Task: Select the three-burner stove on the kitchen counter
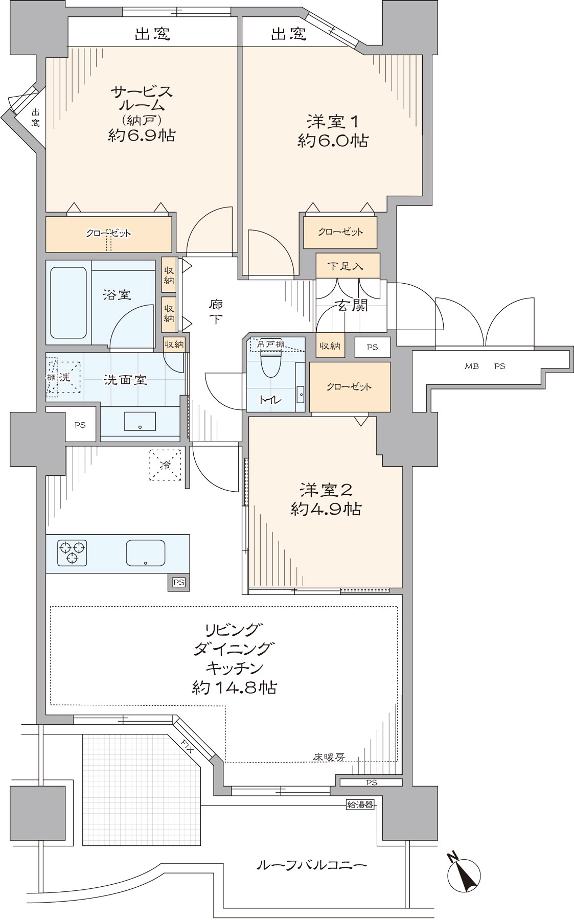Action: [72, 553]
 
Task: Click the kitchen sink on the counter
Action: [146, 553]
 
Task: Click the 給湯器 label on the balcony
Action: [360, 805]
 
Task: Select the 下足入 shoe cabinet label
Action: [346, 266]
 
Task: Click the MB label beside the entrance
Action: [471, 366]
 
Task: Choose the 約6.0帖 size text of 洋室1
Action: [333, 141]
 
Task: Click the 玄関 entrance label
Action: [351, 306]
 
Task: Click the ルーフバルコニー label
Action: [311, 865]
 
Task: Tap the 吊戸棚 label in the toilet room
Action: [270, 343]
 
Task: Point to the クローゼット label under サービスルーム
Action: [108, 233]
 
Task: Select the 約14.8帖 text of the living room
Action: [235, 687]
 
